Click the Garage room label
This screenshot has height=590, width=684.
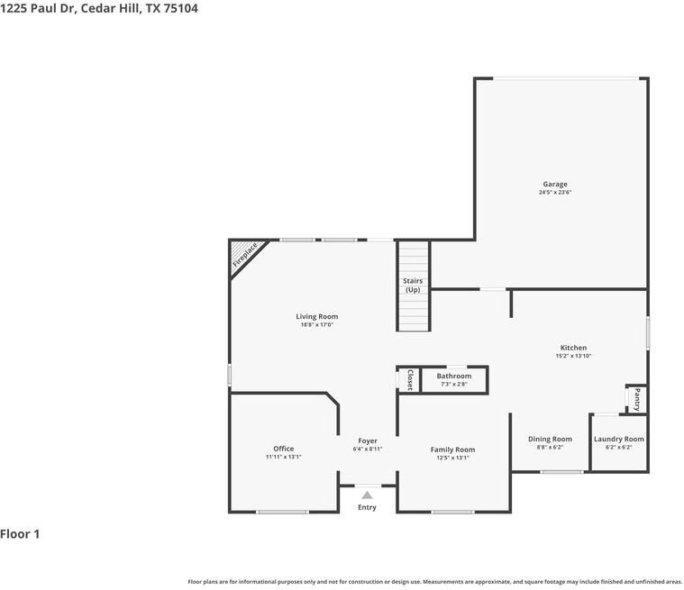[x=555, y=184]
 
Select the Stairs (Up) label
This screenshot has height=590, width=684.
[x=413, y=286]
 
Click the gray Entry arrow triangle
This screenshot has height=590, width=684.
[x=367, y=495]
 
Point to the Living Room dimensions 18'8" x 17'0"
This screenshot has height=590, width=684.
[x=316, y=325]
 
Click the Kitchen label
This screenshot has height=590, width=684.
[x=573, y=348]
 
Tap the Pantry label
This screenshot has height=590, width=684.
[x=637, y=399]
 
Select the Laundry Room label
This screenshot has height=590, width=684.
[x=618, y=439]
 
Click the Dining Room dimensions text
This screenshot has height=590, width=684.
[x=550, y=447]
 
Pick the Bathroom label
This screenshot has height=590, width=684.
[x=453, y=376]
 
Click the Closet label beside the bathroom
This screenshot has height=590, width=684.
[x=410, y=380]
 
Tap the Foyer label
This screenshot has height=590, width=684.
[x=368, y=440]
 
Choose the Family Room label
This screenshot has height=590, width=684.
[x=452, y=449]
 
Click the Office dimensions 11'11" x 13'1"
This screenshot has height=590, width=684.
[x=284, y=457]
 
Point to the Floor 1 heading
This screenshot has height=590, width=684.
[x=20, y=534]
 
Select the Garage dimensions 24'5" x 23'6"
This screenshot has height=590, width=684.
[x=555, y=192]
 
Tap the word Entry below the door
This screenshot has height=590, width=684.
[x=367, y=507]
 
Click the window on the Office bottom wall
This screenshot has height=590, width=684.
[x=282, y=512]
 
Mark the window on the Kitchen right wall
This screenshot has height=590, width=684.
[x=648, y=332]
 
